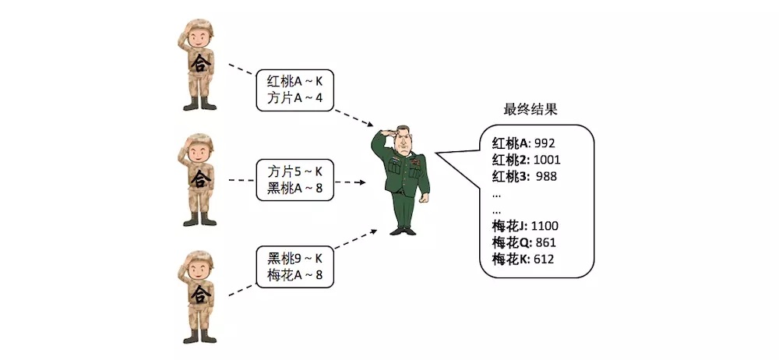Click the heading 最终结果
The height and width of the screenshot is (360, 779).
530,109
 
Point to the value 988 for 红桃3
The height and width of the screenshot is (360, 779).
546,176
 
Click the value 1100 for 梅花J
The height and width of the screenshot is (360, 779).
545,226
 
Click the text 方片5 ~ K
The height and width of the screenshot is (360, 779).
295,172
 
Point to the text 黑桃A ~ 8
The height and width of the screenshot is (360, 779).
295,188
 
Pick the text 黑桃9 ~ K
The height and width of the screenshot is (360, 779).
295,259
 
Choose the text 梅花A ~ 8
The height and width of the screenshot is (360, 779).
295,274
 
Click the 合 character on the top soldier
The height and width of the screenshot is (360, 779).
200,63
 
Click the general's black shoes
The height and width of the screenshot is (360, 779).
403,231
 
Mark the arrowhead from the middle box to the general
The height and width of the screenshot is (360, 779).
362,182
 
